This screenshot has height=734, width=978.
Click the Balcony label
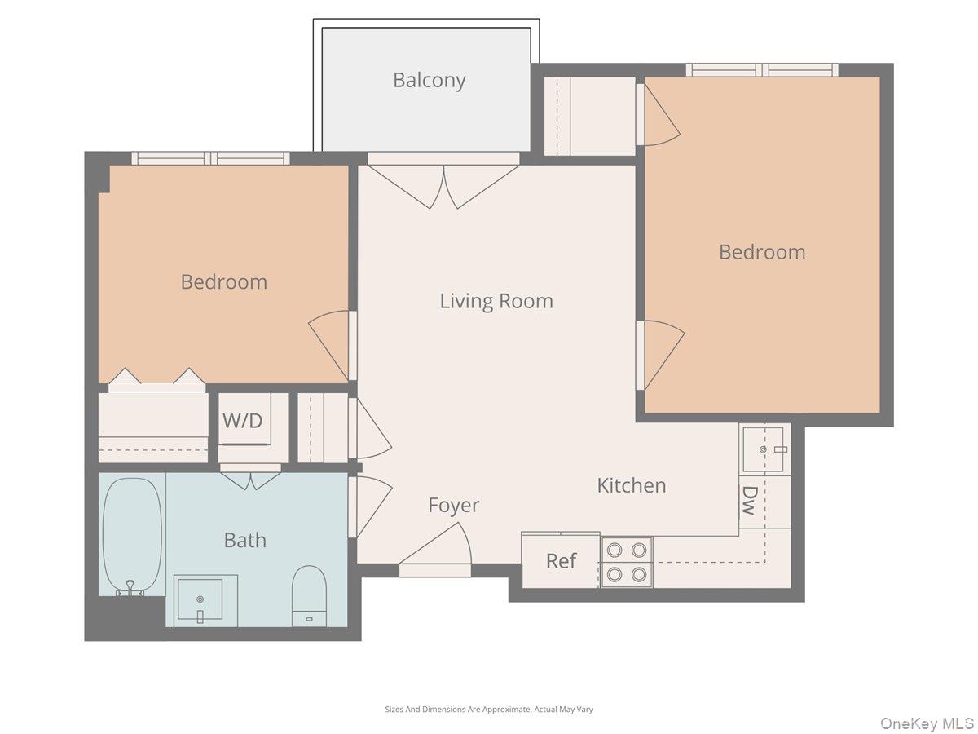pos(429,81)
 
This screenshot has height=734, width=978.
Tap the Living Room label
pos(496,301)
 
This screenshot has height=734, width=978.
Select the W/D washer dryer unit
pos(244,420)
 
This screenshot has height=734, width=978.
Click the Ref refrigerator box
pos(561,561)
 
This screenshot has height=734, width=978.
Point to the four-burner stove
pos(627,562)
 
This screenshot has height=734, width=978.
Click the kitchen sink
pos(763,449)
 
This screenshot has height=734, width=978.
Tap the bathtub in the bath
pos(131,535)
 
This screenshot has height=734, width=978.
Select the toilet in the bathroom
pos(309,595)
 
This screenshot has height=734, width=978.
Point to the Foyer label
pos(454,506)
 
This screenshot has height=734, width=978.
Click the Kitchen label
pos(632,485)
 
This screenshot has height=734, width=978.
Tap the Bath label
pos(244,540)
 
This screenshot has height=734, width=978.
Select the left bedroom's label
pos(224,282)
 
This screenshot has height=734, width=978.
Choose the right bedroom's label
pos(762,252)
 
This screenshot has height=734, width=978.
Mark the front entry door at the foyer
pos(436,555)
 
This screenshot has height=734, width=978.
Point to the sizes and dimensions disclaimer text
pos(489,710)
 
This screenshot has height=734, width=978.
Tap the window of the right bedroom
pos(762,70)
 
